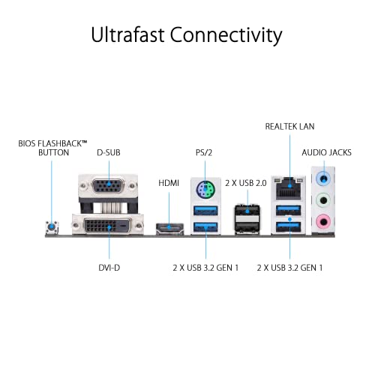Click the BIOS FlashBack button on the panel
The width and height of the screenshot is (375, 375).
(x=52, y=227)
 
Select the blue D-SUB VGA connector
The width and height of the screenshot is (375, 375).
(x=108, y=185)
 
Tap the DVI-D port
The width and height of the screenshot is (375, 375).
(x=108, y=226)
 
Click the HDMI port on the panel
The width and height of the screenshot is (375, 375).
(x=169, y=229)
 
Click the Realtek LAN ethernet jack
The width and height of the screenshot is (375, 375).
(x=289, y=188)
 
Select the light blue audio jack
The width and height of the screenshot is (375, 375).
(x=323, y=179)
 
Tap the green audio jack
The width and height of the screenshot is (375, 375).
(x=323, y=200)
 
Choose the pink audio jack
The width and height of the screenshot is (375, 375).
(x=323, y=221)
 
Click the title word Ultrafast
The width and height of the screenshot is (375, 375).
(x=127, y=34)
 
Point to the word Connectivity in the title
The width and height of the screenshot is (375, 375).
(x=226, y=35)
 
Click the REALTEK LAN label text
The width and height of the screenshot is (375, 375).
(x=289, y=126)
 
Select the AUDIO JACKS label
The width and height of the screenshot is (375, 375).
(x=326, y=152)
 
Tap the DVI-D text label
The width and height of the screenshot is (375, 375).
(x=109, y=268)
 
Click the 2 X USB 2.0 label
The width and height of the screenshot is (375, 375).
(x=246, y=183)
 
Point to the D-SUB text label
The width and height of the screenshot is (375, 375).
(x=109, y=152)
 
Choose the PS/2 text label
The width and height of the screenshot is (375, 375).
(x=204, y=152)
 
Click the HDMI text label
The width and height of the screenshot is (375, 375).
(x=169, y=183)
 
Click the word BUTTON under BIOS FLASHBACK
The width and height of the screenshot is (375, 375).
(x=53, y=152)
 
